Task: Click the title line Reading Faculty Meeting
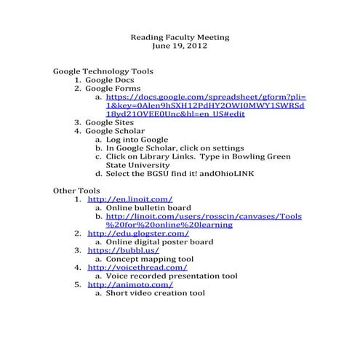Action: tap(180, 36)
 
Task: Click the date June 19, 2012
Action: tap(180, 46)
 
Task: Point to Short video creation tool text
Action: tap(155, 294)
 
